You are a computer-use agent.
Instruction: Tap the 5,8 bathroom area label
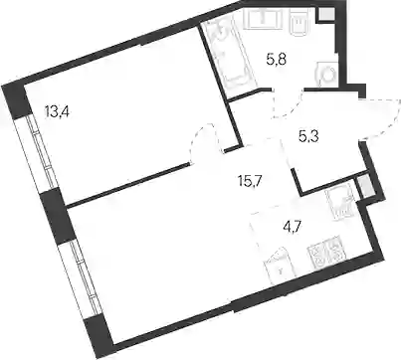(276, 61)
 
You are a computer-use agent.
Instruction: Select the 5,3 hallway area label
(308, 136)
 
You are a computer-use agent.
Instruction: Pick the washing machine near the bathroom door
(327, 75)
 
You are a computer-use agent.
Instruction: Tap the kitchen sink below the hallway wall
(340, 203)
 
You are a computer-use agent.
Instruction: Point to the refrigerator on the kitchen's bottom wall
(280, 267)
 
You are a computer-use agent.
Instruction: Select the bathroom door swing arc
(289, 105)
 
